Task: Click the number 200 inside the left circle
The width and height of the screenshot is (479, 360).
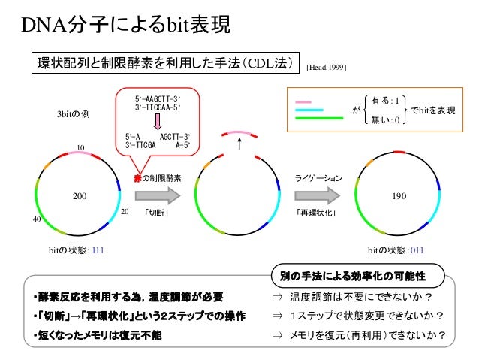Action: point(80,196)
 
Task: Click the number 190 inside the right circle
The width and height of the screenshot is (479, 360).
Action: point(399,196)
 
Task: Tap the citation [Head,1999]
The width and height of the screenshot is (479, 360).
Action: point(326,68)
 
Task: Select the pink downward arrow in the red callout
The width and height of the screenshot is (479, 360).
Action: point(158,122)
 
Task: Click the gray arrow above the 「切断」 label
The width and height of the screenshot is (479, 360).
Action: point(158,195)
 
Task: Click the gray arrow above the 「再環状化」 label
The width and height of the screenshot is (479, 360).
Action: point(317,195)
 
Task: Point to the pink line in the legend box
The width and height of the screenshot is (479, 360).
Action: point(303,102)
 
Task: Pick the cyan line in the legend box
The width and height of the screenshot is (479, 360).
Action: point(309,110)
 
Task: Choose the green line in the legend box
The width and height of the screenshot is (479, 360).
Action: point(319,118)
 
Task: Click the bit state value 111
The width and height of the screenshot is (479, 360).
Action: point(98,250)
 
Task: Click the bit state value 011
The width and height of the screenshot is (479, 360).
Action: point(417,250)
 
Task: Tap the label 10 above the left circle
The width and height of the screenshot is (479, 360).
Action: point(80,148)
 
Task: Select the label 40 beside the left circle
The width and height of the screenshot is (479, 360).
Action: point(37,219)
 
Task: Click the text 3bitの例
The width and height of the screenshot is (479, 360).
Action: point(74,114)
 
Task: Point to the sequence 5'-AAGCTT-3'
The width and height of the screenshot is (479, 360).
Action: point(158,99)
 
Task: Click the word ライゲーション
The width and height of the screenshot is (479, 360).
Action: point(318,178)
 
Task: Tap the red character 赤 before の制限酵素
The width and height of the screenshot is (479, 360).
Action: point(138,178)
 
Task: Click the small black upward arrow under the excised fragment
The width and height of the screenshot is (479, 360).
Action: point(239,144)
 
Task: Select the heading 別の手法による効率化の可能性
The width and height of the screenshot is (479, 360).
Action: point(353,276)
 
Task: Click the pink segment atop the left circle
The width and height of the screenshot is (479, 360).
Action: point(80,153)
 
